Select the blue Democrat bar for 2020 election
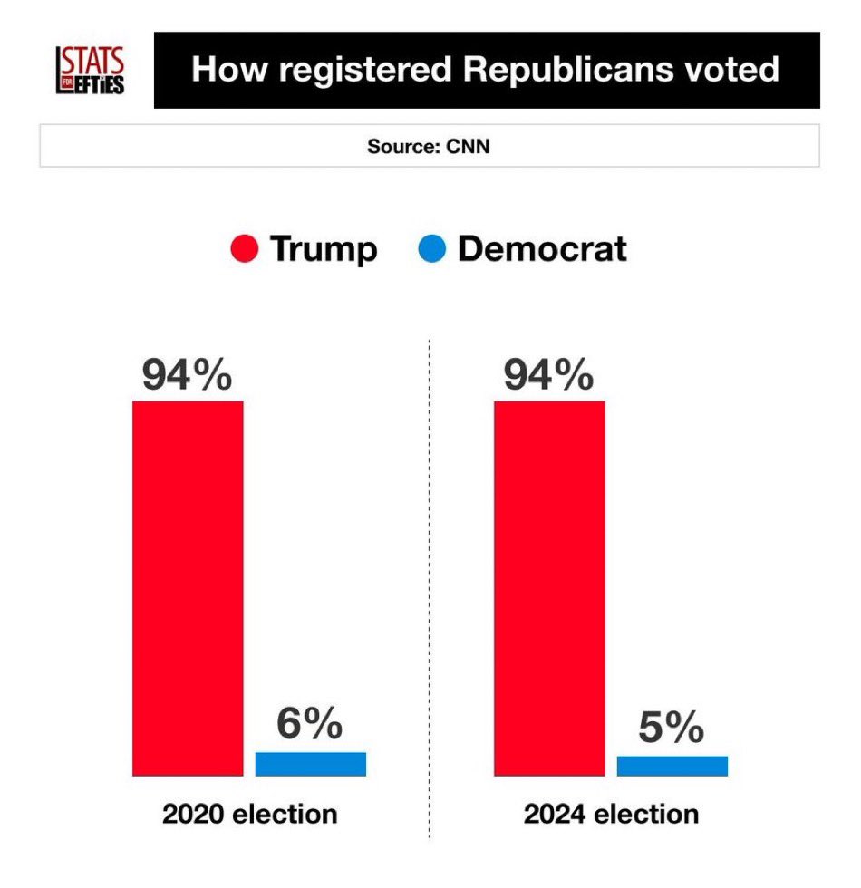tap(310, 764)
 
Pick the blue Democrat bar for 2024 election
tap(672, 766)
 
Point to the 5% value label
tap(672, 728)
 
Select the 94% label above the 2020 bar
tap(188, 375)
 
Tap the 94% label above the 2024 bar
tap(548, 375)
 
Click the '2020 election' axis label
tap(249, 814)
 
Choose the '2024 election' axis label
tap(611, 814)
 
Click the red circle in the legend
tap(245, 248)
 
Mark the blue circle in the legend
tap(433, 248)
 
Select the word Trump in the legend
tap(324, 249)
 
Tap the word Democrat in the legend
tap(542, 249)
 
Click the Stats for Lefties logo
tap(91, 70)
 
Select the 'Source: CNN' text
tap(429, 146)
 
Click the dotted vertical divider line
tap(430, 589)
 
